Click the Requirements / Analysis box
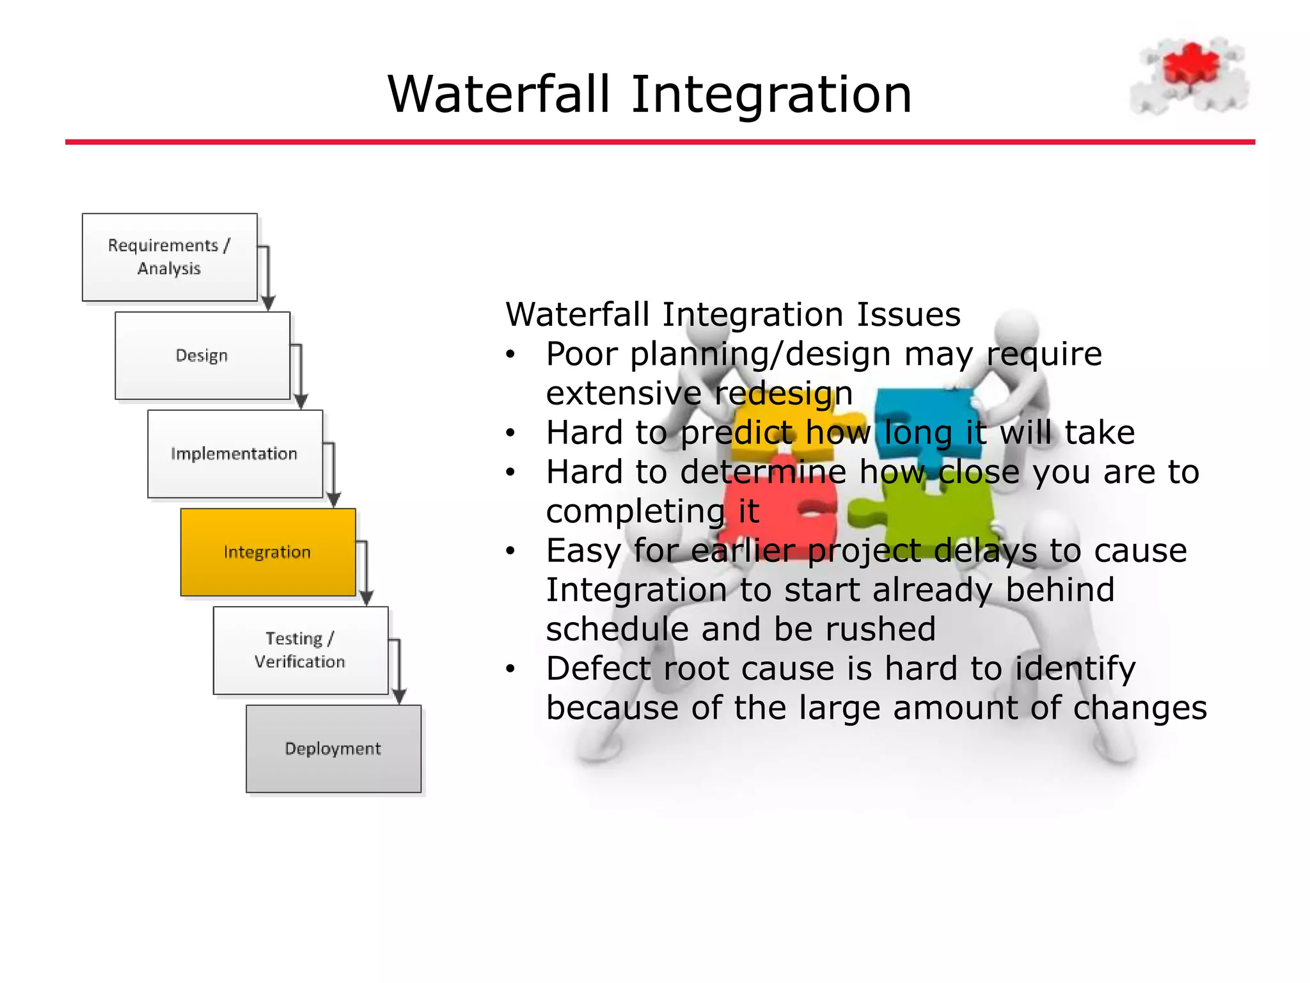[170, 257]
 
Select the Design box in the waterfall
[202, 356]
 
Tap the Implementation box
[235, 454]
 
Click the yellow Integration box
[267, 552]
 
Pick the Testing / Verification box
[300, 650]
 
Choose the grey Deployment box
[333, 749]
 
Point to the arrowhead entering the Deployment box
[399, 697]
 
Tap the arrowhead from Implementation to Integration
[334, 500]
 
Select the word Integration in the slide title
[771, 95]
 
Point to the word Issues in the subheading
[908, 315]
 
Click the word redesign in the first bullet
[784, 393]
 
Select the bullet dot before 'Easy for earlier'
[510, 551]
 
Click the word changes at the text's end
[1139, 708]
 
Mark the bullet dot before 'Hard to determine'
[510, 472]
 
